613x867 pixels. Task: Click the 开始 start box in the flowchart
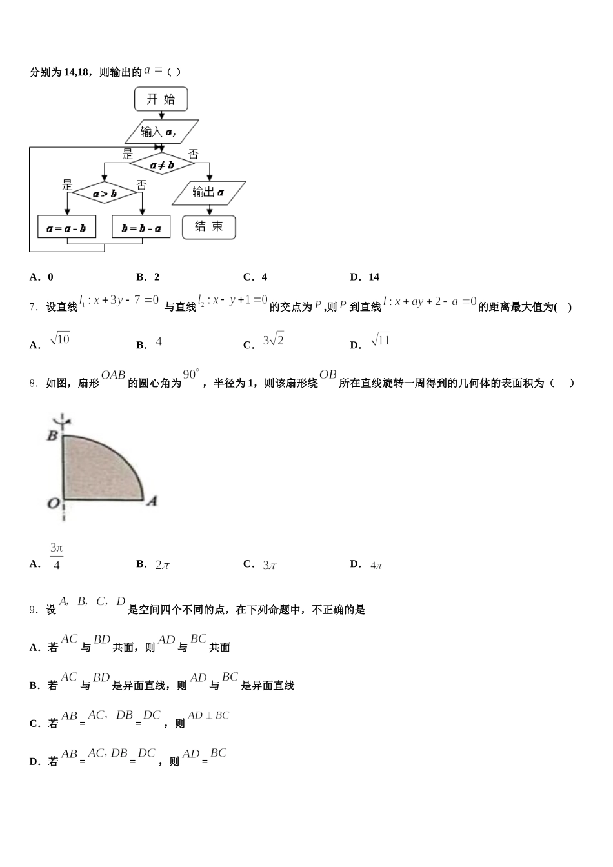(161, 99)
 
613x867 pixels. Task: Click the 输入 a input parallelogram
(161, 132)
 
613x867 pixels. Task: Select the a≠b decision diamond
(161, 164)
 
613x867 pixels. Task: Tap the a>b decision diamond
(105, 192)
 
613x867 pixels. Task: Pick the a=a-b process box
(66, 227)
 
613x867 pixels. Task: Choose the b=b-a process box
(141, 227)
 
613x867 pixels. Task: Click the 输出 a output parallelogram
(208, 192)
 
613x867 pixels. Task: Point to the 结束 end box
(208, 226)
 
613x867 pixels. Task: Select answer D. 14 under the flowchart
(365, 277)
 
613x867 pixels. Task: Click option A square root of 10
(59, 339)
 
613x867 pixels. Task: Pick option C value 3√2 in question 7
(273, 341)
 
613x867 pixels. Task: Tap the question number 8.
(35, 383)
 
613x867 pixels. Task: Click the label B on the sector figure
(53, 435)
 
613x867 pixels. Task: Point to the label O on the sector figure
(53, 503)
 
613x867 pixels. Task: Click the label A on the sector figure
(152, 501)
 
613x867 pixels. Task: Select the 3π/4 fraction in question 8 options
(57, 557)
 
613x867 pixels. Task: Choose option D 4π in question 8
(377, 565)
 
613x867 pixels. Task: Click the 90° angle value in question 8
(192, 375)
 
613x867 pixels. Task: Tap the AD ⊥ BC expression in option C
(208, 715)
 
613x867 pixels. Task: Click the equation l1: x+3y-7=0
(119, 300)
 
